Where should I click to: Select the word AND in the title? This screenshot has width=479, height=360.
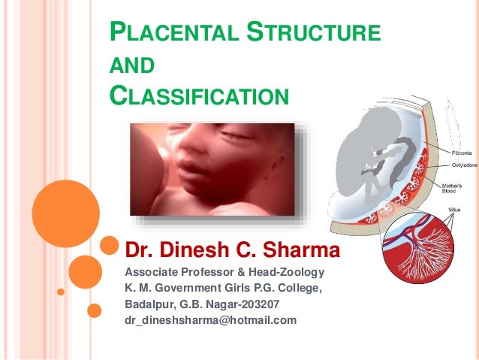132,67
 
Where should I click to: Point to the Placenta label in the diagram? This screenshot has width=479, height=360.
459,152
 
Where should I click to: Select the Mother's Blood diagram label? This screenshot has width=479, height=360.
457,187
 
